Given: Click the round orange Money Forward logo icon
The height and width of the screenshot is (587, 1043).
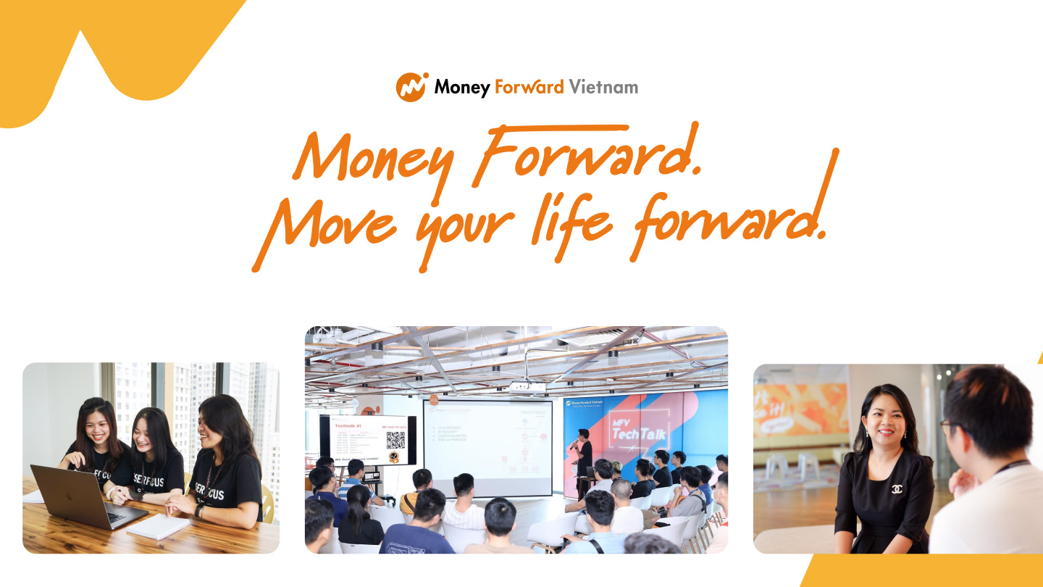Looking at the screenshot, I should click(x=411, y=87).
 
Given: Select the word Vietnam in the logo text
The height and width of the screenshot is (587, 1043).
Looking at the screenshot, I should click(x=603, y=88).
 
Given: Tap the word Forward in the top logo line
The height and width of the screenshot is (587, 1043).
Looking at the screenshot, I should click(x=529, y=88).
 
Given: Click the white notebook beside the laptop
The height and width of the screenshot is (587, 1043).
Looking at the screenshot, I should click(x=158, y=526).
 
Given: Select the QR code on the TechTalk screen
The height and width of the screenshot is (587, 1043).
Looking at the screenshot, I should click(x=395, y=440).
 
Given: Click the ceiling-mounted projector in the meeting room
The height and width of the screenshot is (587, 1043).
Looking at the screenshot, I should click(x=527, y=387).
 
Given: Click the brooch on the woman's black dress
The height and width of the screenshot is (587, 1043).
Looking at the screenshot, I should click(x=897, y=489).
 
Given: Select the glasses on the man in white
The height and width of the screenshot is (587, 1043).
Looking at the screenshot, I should click(x=945, y=425).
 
